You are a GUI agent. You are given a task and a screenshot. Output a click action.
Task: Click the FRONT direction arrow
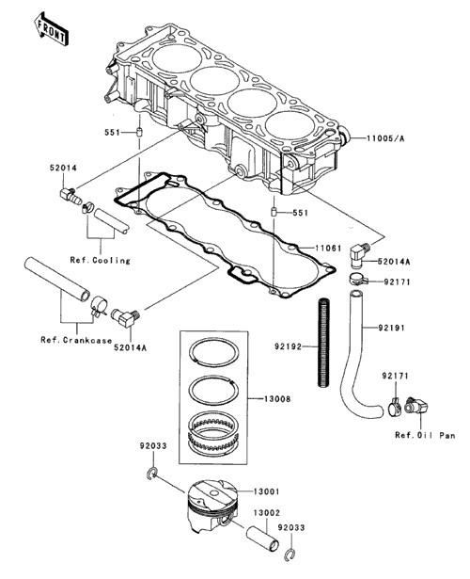[x=51, y=29]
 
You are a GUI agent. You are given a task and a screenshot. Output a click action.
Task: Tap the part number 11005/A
[x=385, y=138]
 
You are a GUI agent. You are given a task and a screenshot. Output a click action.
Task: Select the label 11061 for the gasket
[x=328, y=248]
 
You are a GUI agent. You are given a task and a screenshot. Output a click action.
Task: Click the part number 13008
[x=277, y=399]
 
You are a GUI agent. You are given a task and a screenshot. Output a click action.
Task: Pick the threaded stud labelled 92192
[x=323, y=344]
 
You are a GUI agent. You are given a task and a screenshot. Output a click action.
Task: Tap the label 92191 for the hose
[x=391, y=328]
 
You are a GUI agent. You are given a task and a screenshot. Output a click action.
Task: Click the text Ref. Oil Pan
[x=425, y=435]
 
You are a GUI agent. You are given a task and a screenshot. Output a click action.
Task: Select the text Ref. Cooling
[x=101, y=261]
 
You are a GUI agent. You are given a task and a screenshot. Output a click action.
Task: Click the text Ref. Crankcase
[x=76, y=340]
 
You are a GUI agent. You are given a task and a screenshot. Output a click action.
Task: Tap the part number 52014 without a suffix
[x=63, y=168]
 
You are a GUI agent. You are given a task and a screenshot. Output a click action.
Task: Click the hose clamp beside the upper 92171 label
[x=357, y=278]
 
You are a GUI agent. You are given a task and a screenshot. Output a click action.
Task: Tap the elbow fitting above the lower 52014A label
[x=125, y=317]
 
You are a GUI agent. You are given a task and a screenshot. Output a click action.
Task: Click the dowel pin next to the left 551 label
[x=140, y=132]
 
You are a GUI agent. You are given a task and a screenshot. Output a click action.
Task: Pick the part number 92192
[x=288, y=346]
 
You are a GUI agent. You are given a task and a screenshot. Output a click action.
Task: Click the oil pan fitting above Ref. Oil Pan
[x=416, y=406]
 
